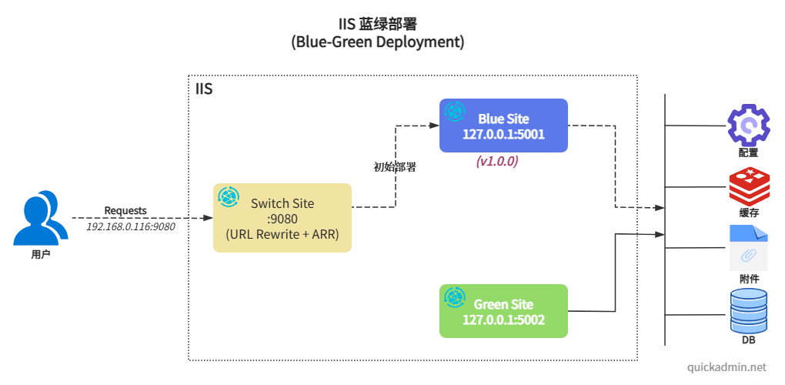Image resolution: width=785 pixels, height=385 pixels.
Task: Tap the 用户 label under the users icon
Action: coord(35,254)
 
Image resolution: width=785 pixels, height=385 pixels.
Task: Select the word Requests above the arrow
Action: coord(125,210)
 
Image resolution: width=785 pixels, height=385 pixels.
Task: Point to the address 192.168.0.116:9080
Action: coord(130,226)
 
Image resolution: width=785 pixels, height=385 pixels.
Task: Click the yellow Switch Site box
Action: coord(282,218)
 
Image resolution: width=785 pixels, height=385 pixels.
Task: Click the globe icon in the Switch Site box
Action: coord(229,197)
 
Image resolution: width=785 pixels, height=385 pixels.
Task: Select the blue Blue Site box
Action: coord(503,126)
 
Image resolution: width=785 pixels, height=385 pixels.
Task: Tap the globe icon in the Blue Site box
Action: coord(455,112)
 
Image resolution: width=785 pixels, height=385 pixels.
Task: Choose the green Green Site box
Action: coord(503,311)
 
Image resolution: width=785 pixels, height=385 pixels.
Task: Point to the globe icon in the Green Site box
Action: coord(455,297)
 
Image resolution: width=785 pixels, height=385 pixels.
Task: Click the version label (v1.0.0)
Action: coord(497,162)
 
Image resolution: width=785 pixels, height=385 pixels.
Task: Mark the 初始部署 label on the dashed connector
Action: coord(395,167)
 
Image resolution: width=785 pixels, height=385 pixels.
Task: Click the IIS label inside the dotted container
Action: coord(204,89)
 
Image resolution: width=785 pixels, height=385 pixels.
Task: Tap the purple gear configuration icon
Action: coord(748,125)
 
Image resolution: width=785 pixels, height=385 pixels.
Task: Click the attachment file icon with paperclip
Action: coord(748,247)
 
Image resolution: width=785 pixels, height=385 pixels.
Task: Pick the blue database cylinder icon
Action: coord(748,310)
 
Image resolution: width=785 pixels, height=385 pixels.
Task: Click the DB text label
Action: coord(748,340)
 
